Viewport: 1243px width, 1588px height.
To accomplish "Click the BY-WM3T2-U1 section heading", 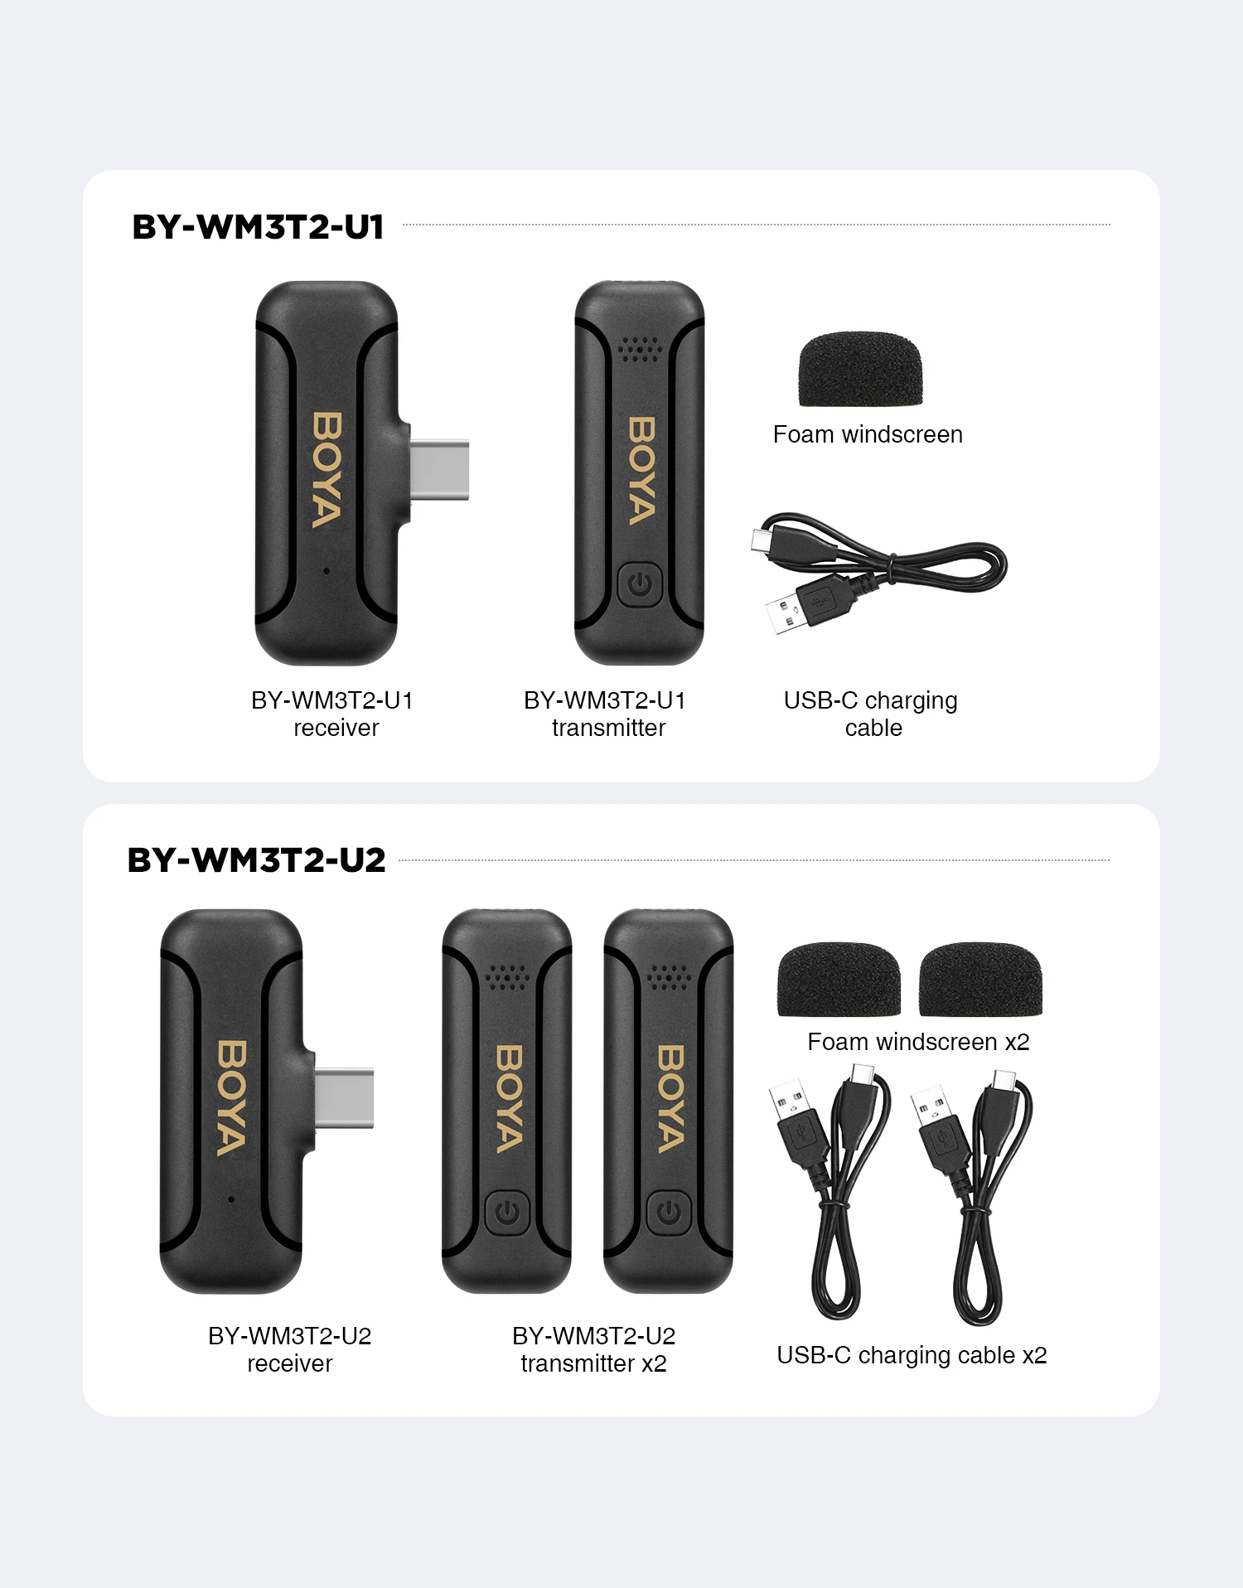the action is pyautogui.click(x=258, y=227).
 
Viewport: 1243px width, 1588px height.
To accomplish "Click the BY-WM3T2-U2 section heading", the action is pyautogui.click(x=256, y=860).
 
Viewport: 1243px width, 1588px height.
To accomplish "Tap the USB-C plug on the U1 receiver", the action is pyautogui.click(x=440, y=470).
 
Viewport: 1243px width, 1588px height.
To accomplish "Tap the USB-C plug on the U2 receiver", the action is pyautogui.click(x=345, y=1098).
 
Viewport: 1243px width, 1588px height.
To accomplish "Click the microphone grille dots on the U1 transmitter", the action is pyautogui.click(x=640, y=349).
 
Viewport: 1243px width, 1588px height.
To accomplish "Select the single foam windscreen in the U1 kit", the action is pyautogui.click(x=860, y=370).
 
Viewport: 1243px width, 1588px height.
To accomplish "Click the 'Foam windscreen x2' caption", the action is pyautogui.click(x=918, y=1042).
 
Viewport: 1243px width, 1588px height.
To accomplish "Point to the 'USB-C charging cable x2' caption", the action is pyautogui.click(x=912, y=1355).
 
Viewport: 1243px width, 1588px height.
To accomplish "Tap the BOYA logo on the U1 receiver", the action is pyautogui.click(x=326, y=470).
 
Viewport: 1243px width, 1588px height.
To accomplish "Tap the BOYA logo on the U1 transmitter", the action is pyautogui.click(x=641, y=471).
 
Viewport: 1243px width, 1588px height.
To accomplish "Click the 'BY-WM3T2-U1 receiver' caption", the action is pyautogui.click(x=333, y=714).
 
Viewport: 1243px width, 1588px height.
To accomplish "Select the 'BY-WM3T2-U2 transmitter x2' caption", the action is pyautogui.click(x=593, y=1349).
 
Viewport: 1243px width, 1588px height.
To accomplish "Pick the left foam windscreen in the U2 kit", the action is pyautogui.click(x=839, y=979).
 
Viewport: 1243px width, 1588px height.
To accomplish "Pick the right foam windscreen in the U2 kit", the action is pyautogui.click(x=980, y=979).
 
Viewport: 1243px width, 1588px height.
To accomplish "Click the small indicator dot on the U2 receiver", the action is pyautogui.click(x=231, y=1198).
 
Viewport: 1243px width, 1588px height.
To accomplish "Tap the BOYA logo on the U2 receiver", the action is pyautogui.click(x=231, y=1098).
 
